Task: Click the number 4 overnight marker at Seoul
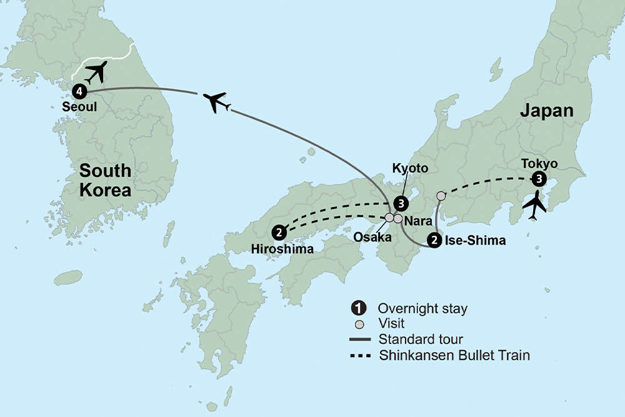[79, 92]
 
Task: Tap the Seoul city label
[79, 107]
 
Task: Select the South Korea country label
[104, 180]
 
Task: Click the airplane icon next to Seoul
[96, 72]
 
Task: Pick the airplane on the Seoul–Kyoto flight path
[217, 102]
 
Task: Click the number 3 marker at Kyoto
[401, 203]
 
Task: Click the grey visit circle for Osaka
[389, 218]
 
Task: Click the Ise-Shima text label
[474, 240]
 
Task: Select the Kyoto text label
[410, 169]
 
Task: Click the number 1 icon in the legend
[358, 308]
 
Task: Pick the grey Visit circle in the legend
[358, 324]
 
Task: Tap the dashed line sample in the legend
[361, 356]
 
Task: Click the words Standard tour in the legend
[421, 340]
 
